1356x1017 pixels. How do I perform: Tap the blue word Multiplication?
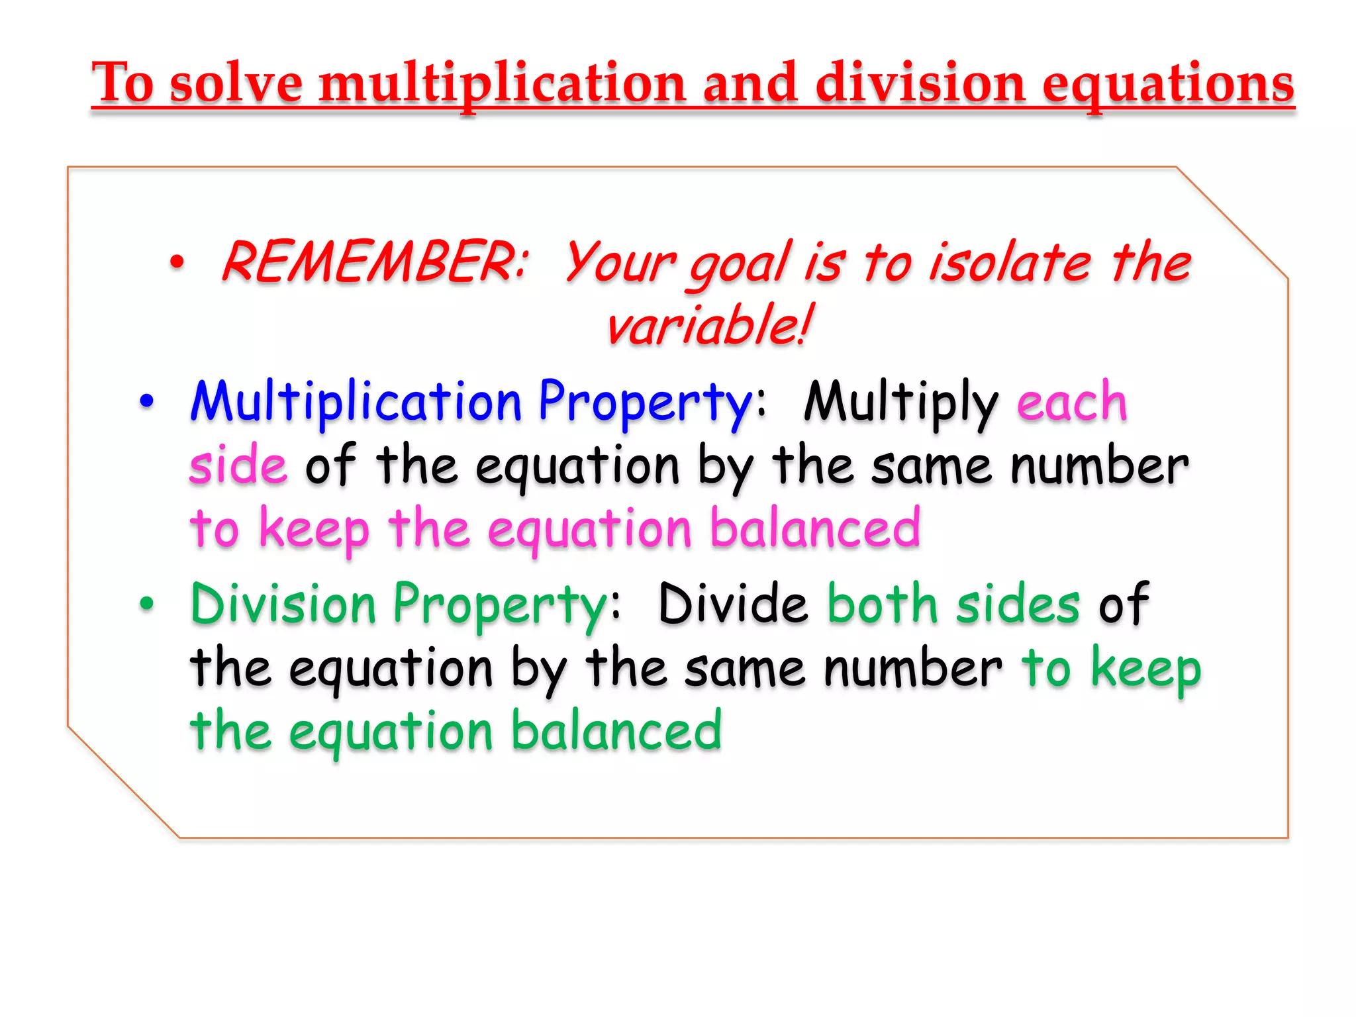(x=356, y=401)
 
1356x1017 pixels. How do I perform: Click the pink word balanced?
(x=815, y=528)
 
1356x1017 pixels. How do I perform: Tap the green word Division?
(x=283, y=604)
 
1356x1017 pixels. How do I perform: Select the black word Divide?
(x=734, y=604)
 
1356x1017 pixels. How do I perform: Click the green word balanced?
(x=616, y=731)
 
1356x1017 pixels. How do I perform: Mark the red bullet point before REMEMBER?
(x=176, y=263)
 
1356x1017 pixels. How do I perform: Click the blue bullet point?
(x=146, y=401)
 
